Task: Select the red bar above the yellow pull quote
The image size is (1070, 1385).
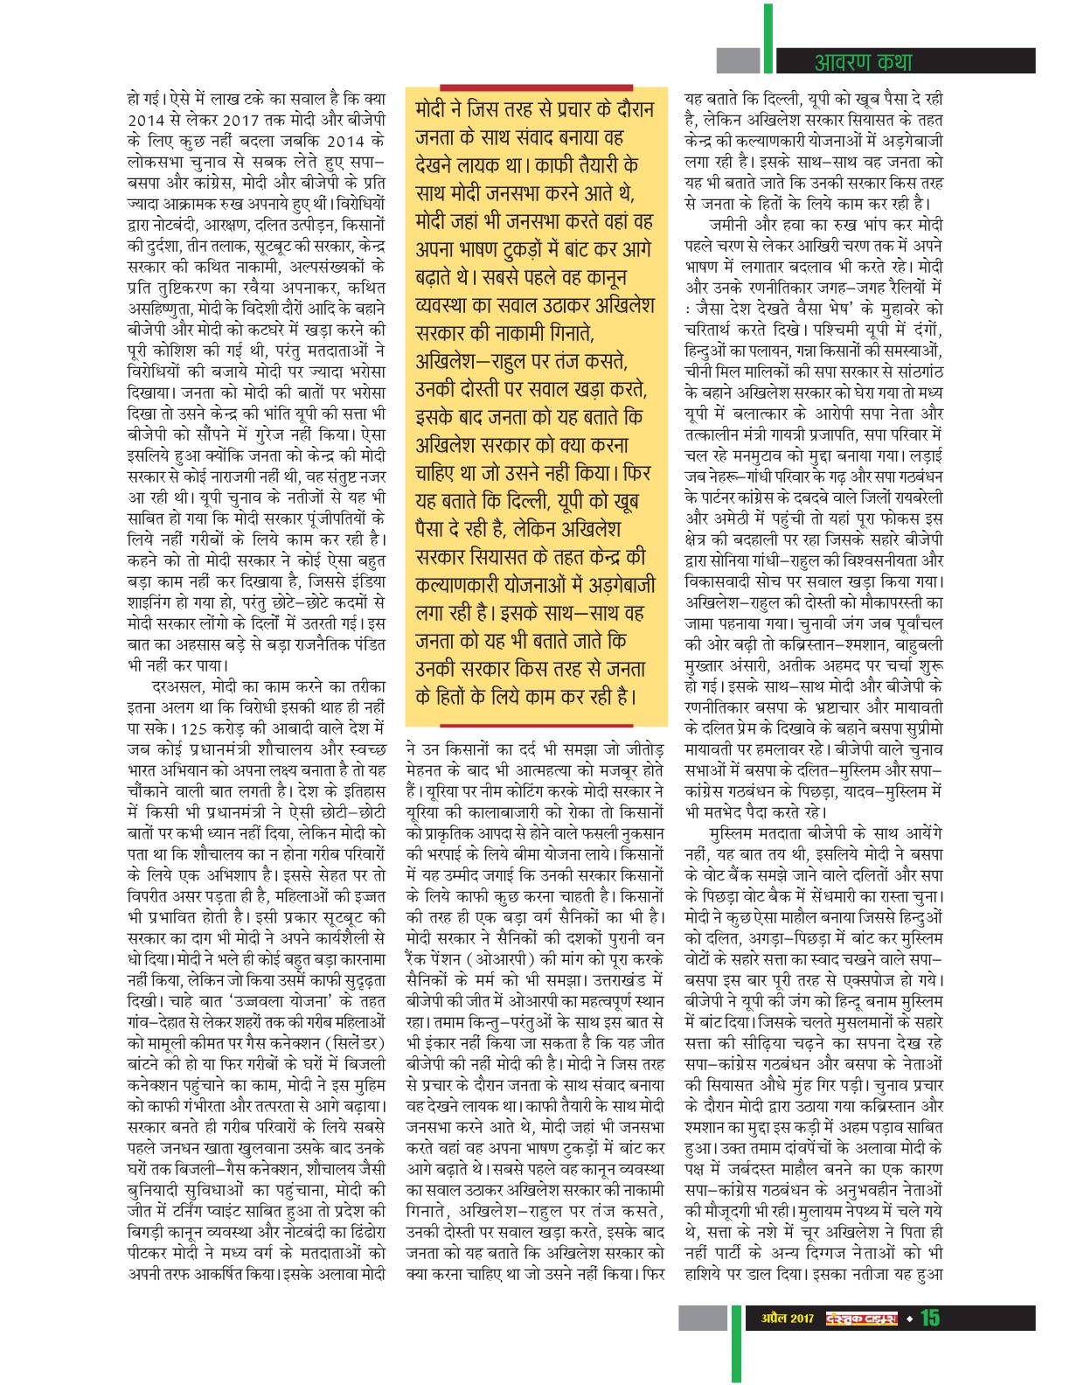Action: (536, 86)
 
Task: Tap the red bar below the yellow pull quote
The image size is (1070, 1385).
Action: (536, 725)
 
